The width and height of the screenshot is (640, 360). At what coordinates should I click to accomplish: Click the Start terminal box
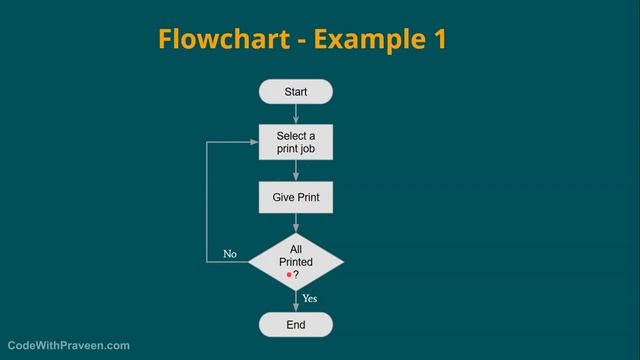click(295, 92)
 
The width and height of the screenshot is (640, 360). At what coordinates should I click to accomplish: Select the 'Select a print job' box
click(295, 142)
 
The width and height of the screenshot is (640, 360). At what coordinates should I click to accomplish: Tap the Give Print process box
click(295, 197)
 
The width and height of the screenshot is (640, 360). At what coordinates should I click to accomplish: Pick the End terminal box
click(295, 325)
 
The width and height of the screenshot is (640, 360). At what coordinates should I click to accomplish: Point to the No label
click(230, 254)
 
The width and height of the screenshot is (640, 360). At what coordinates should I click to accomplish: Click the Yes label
click(310, 298)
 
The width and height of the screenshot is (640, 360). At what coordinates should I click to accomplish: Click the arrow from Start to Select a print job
click(296, 114)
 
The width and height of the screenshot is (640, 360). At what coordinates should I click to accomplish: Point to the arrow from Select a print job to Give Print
click(296, 170)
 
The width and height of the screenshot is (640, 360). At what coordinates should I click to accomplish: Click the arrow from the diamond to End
click(296, 301)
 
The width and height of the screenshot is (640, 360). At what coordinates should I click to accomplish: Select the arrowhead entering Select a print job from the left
click(254, 142)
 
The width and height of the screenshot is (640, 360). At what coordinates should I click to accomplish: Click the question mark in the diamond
click(296, 274)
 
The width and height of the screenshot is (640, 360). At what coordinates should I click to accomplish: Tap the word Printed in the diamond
click(296, 262)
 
